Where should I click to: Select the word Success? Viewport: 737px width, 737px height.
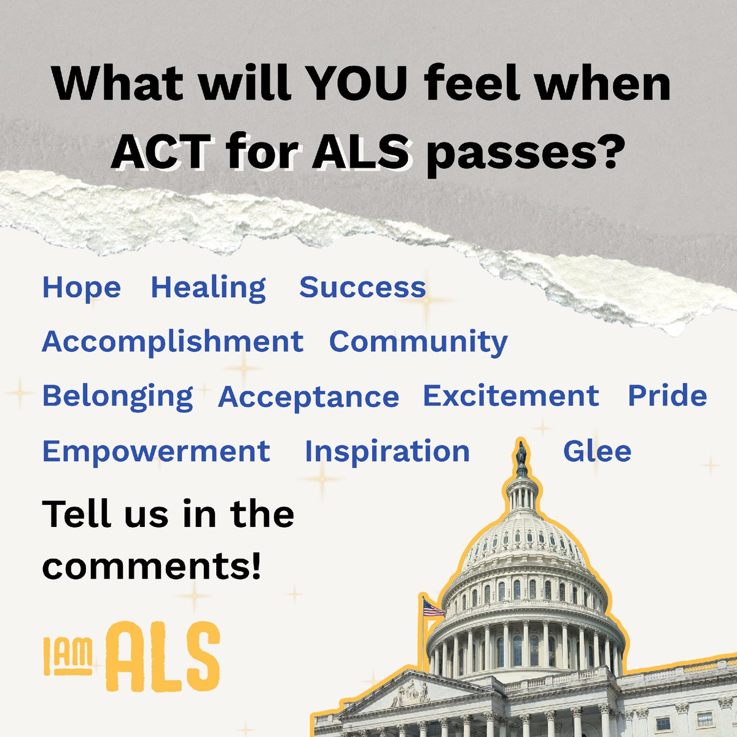[362, 287]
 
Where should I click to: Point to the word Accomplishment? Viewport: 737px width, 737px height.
[173, 342]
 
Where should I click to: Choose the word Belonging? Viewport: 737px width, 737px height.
[117, 397]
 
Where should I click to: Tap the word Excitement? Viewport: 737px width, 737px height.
[510, 396]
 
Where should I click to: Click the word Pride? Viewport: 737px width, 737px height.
[667, 396]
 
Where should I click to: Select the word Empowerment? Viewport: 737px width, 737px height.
[156, 451]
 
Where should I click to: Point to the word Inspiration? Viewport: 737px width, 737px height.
[387, 451]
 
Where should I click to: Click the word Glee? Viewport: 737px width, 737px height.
[597, 451]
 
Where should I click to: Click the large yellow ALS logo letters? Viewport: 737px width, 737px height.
[162, 655]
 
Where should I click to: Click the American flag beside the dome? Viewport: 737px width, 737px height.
[433, 609]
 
